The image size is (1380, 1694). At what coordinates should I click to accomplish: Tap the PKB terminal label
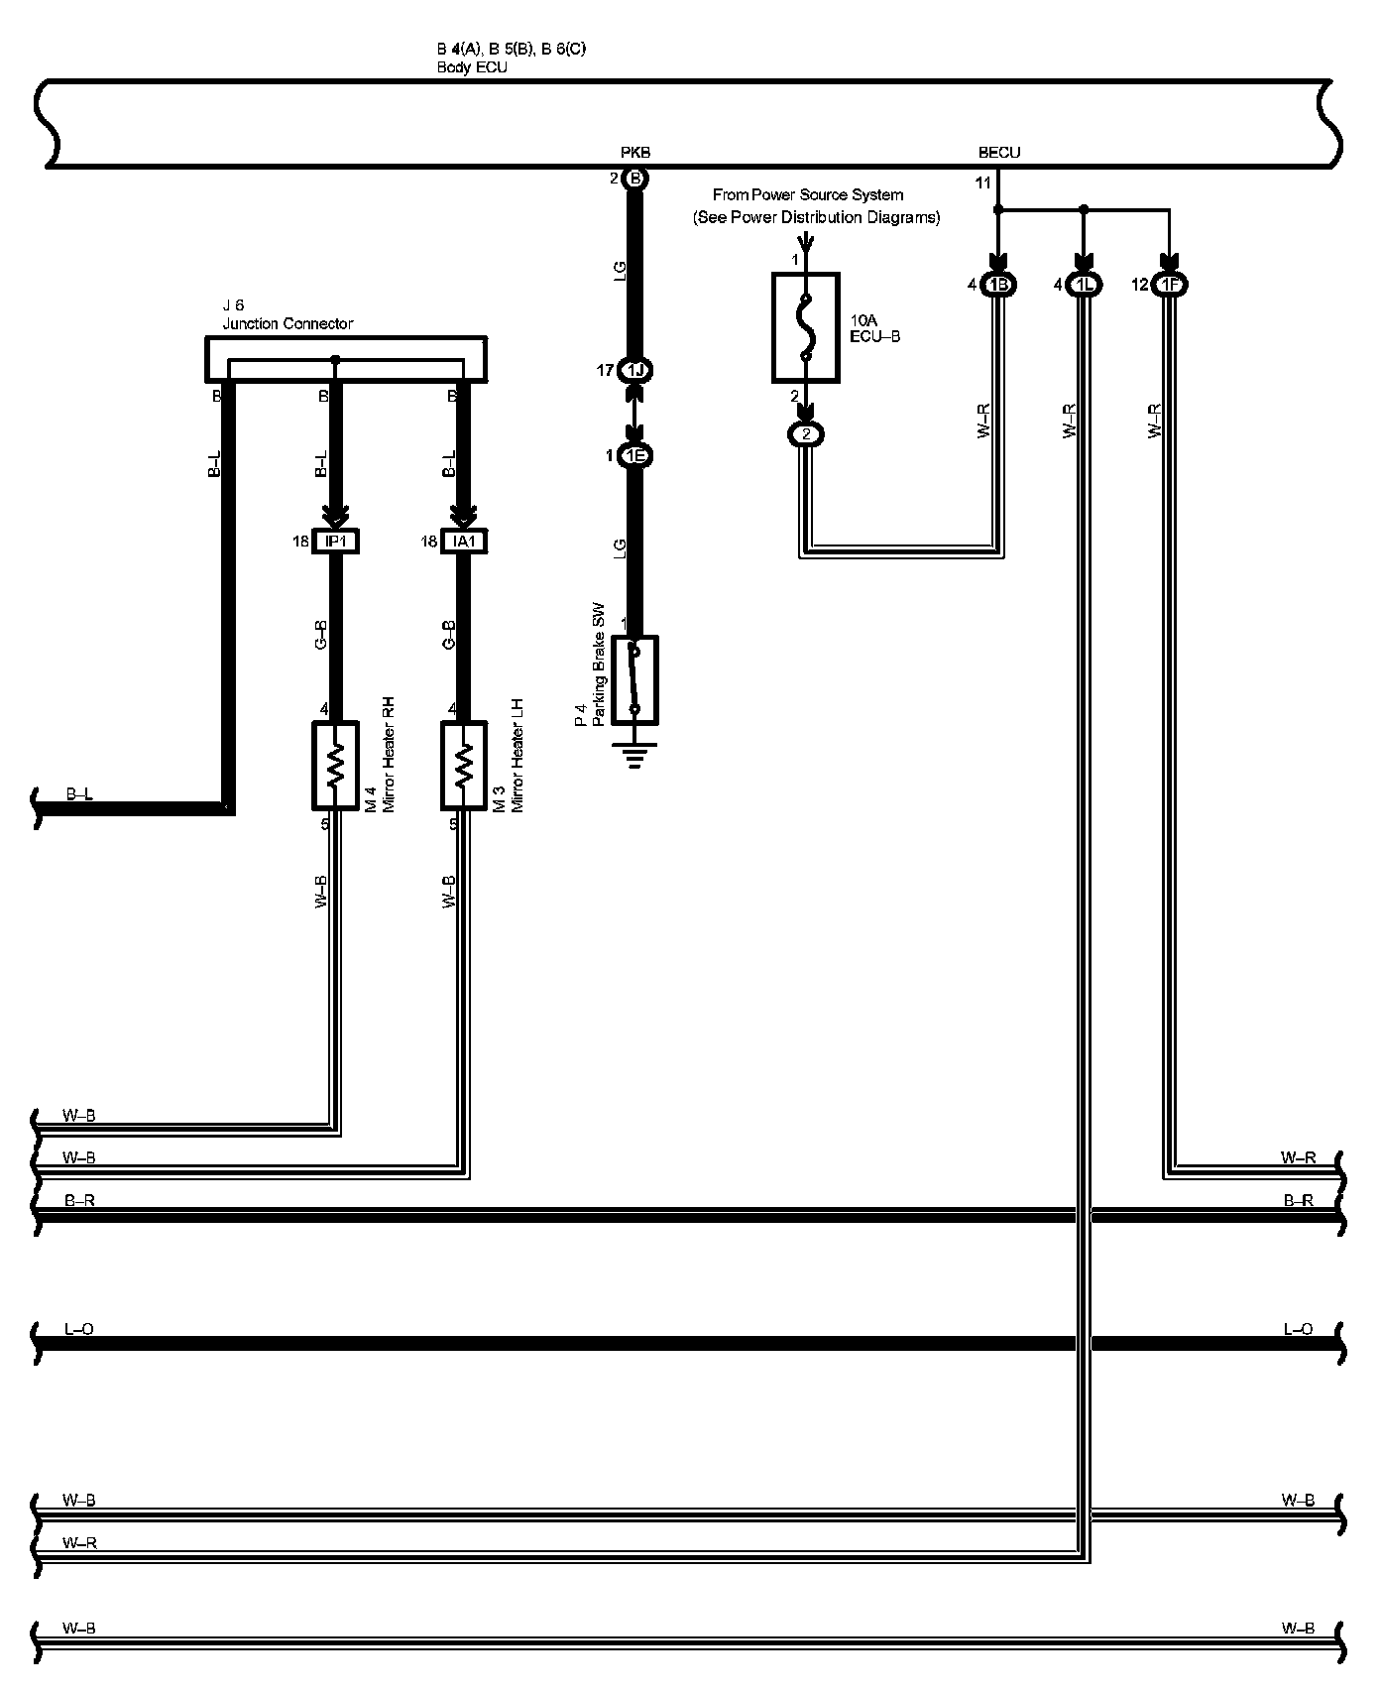pos(635,153)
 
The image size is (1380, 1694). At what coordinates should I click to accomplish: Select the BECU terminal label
pos(998,153)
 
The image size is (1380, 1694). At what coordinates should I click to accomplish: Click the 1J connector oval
pos(635,371)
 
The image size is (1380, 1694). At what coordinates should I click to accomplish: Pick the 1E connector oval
pos(635,456)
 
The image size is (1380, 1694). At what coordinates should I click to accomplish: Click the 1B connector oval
pos(999,286)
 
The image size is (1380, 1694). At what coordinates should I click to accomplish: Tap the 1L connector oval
pos(1085,286)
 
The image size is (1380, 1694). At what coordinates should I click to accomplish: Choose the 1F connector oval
pos(1171,286)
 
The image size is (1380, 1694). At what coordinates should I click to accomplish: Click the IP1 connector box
pos(335,542)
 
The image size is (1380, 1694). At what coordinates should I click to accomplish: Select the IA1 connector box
pos(464,542)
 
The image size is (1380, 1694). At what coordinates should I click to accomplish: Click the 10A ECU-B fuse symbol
pos(806,327)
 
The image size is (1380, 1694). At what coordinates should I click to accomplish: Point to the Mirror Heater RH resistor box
pos(335,766)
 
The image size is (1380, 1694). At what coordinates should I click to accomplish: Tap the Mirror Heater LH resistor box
pos(464,766)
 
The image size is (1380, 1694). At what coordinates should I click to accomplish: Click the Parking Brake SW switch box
pos(635,680)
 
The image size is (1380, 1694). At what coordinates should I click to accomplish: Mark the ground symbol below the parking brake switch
pos(635,759)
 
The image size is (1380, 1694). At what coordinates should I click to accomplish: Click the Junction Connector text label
pos(287,323)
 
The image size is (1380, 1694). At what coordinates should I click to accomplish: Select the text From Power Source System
pos(808,195)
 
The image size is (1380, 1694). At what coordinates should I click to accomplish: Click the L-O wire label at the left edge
pos(78,1329)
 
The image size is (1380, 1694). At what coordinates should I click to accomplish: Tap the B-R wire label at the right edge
pos(1298,1200)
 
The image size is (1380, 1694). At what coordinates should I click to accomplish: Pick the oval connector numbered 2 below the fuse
pos(806,434)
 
